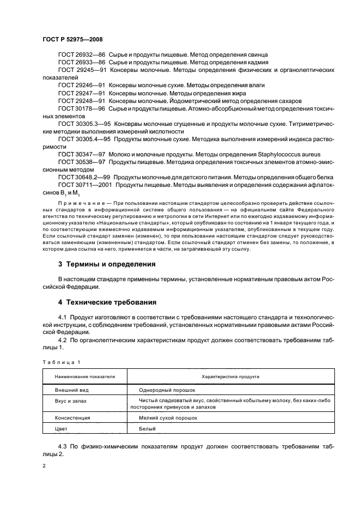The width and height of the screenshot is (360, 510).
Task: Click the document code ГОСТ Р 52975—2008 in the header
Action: (x=72, y=40)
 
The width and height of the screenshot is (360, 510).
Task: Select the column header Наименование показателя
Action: (x=85, y=377)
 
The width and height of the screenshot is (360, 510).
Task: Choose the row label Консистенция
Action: (x=73, y=418)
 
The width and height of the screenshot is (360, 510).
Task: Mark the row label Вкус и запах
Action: (x=71, y=400)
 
